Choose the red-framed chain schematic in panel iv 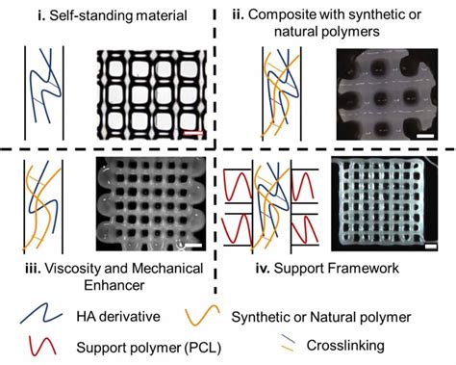tap(270, 208)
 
